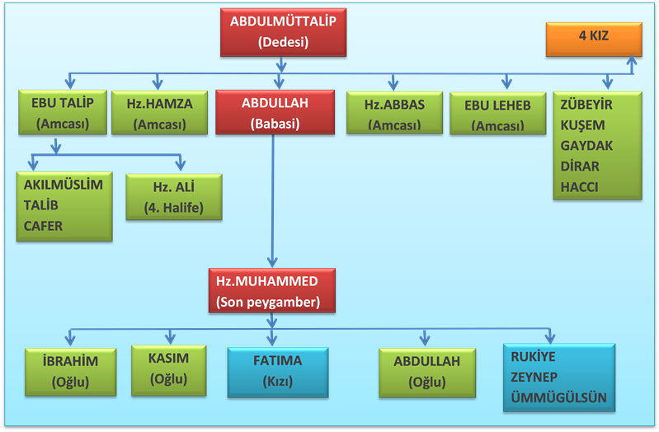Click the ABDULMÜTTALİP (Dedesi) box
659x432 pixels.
coord(283,33)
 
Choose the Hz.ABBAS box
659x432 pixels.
coord(393,115)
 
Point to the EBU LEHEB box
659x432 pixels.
coord(497,115)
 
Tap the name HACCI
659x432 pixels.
coord(580,186)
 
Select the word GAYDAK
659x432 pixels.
coord(586,146)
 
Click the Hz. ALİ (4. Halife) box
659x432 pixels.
coord(173,197)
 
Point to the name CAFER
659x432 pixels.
coord(43,226)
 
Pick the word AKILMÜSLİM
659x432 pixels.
coord(64,185)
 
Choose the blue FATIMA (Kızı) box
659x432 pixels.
coord(277,370)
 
